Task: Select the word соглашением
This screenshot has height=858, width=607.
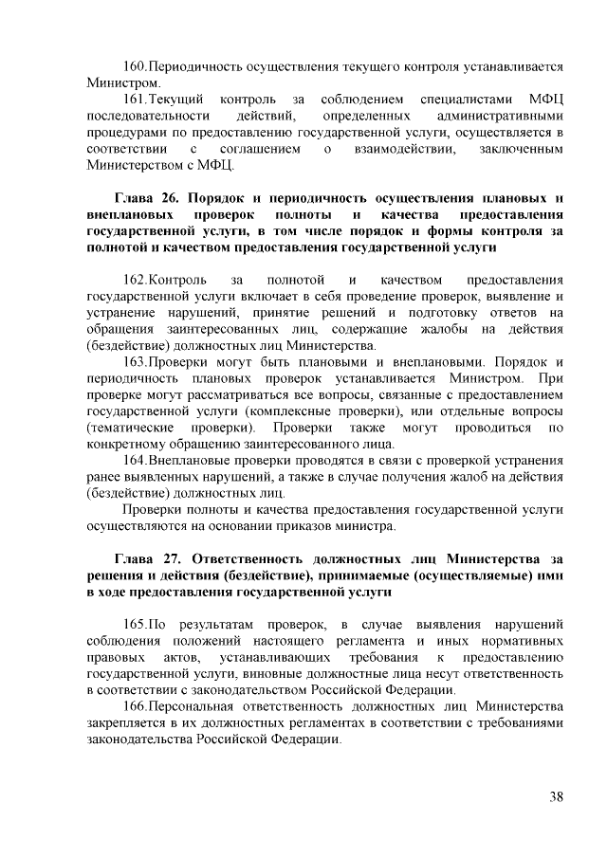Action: click(x=261, y=150)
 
